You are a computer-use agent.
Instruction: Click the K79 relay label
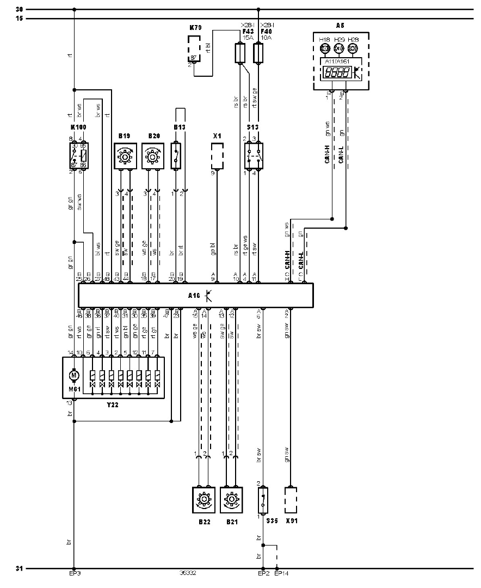click(x=195, y=27)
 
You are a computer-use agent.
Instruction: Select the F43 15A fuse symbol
click(x=238, y=53)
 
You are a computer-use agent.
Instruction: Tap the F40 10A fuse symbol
click(x=258, y=53)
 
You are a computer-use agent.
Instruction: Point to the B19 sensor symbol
click(x=125, y=156)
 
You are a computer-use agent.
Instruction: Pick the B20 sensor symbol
click(x=153, y=156)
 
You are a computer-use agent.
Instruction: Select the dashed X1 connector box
click(x=217, y=156)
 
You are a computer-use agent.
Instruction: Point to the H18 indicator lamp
click(x=325, y=48)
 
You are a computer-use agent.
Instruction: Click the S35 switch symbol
click(x=263, y=499)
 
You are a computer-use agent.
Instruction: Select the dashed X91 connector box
click(x=291, y=499)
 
